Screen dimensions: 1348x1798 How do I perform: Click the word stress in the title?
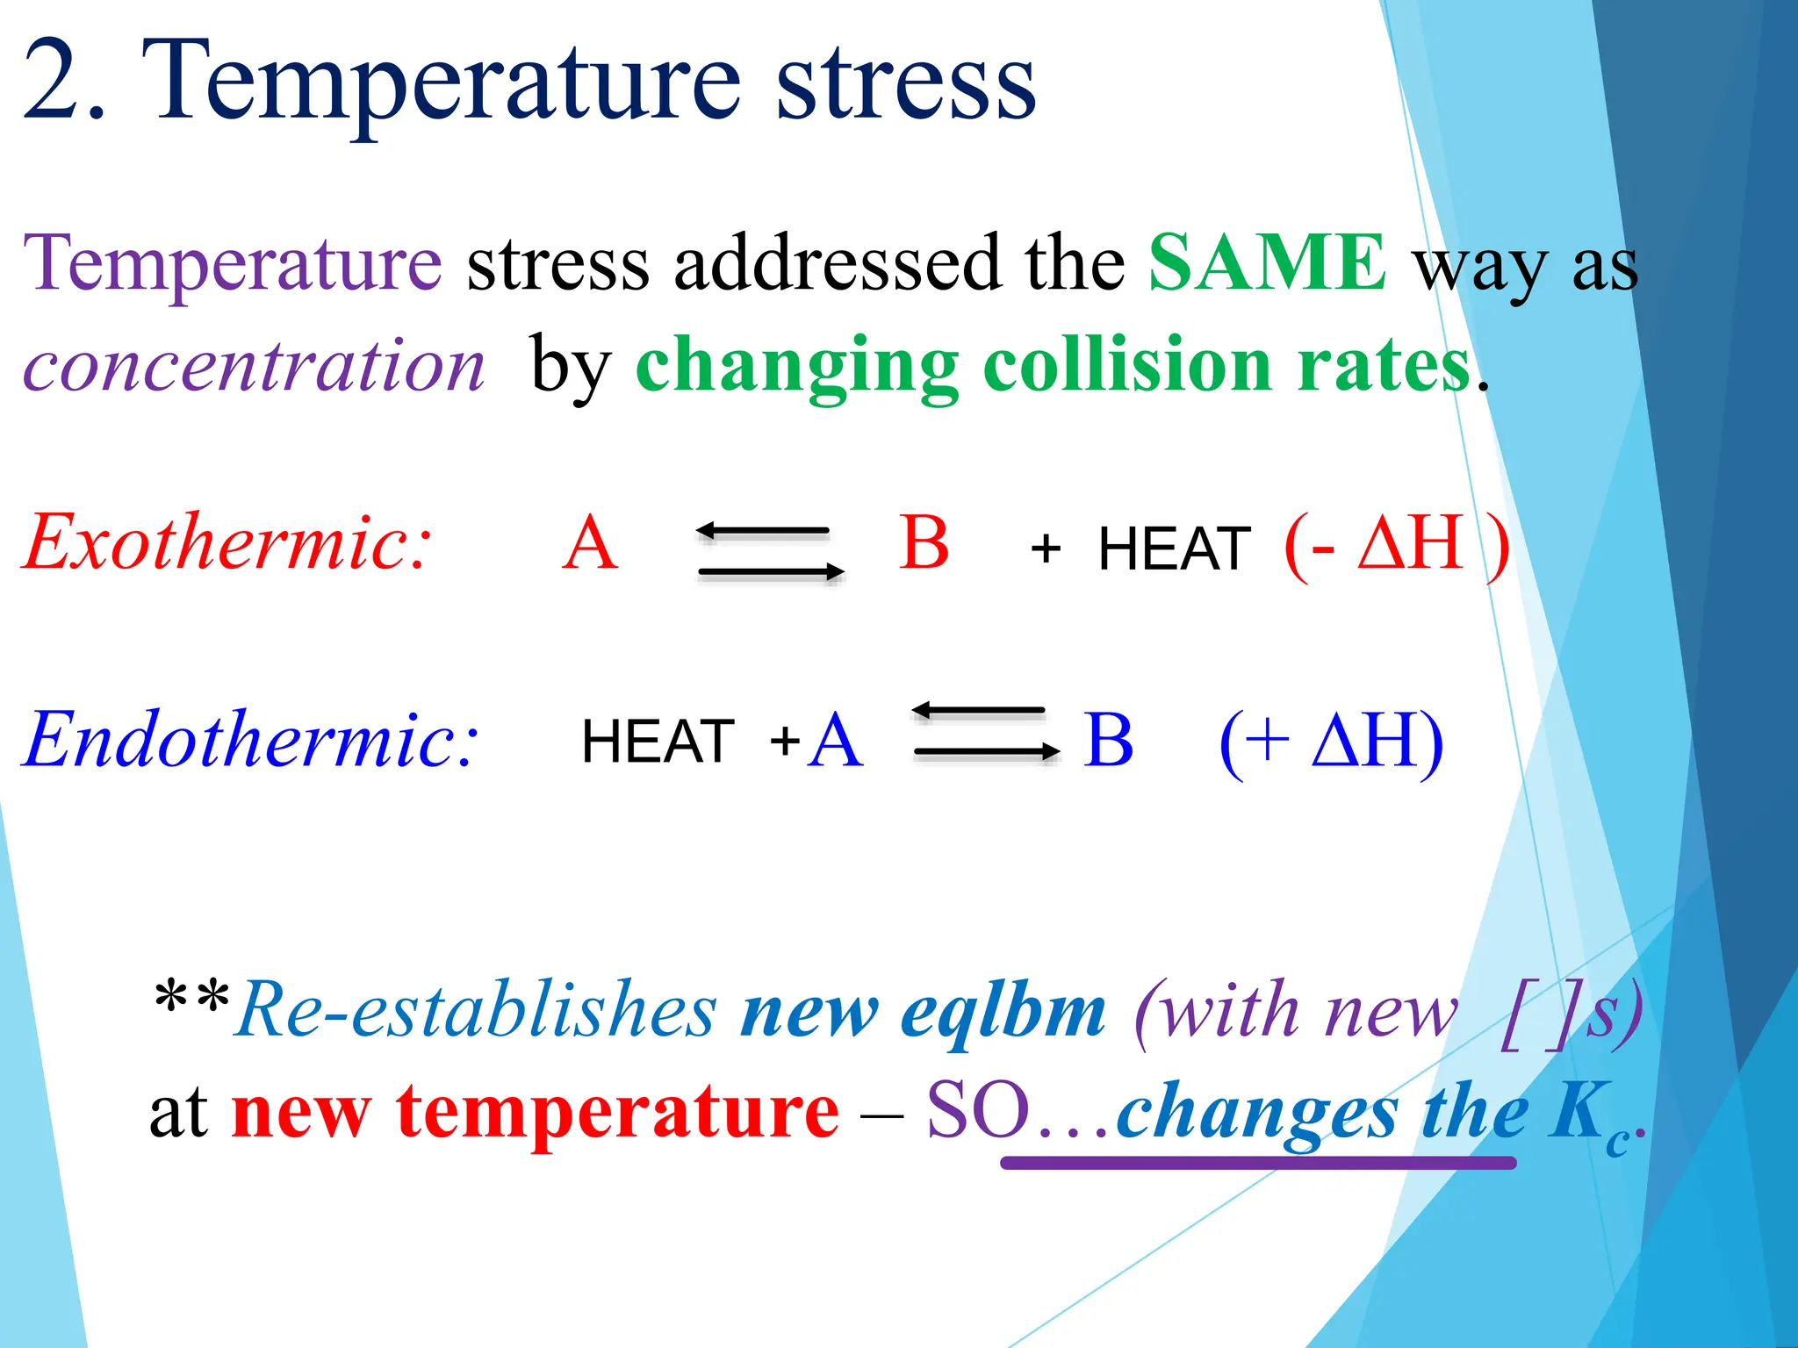(x=906, y=83)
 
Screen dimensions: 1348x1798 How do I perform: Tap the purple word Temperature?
(x=233, y=263)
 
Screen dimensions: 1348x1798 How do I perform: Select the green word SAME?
(x=1267, y=262)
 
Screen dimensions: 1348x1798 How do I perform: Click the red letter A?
(x=591, y=543)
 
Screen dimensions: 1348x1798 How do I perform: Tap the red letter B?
(x=924, y=543)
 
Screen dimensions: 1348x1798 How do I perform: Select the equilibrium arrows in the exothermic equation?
(x=769, y=552)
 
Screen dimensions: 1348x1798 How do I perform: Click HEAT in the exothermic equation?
(x=1174, y=550)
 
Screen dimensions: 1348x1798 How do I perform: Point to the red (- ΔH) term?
(x=1396, y=545)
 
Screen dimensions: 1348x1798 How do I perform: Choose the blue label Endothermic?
(x=251, y=740)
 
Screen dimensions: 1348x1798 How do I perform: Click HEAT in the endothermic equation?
(x=658, y=742)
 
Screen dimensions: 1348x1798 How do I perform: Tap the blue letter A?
(x=835, y=741)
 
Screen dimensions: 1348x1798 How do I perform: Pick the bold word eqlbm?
(x=1003, y=1013)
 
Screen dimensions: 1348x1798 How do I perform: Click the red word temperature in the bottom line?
(x=617, y=1112)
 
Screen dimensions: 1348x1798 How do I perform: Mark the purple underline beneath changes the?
(x=1257, y=1163)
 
